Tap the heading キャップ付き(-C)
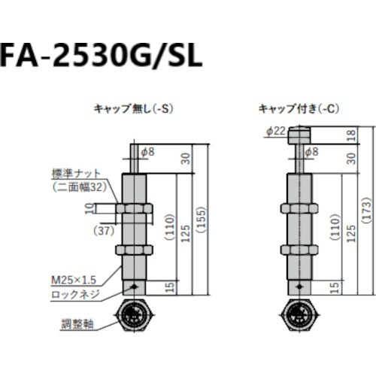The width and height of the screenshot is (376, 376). pyautogui.click(x=299, y=108)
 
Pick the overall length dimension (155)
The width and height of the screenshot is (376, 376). pyautogui.click(x=200, y=215)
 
